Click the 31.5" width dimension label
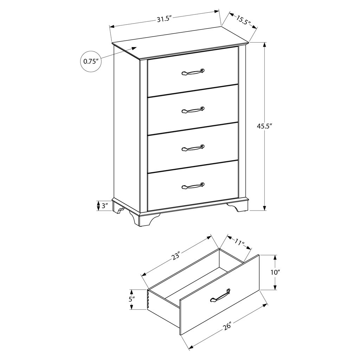(x=165, y=19)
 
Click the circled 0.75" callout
(x=91, y=61)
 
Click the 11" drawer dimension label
(x=239, y=242)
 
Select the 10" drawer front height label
(x=276, y=272)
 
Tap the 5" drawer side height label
(x=131, y=299)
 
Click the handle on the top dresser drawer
(x=193, y=72)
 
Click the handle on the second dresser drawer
(x=193, y=110)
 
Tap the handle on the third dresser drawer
(x=193, y=148)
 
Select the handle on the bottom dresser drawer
(x=193, y=186)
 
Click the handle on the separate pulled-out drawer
(x=220, y=295)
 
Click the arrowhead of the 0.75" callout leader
(x=134, y=48)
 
